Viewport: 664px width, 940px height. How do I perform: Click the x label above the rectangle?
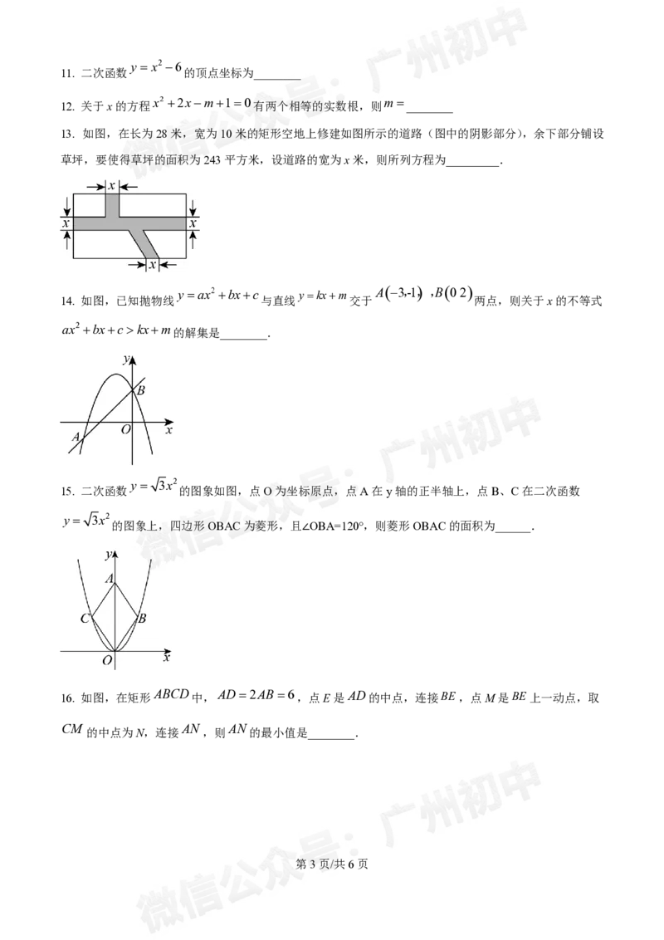111,186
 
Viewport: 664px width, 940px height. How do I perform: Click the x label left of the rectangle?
65,223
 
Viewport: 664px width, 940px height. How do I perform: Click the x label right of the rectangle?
193,223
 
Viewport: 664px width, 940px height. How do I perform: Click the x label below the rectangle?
152,265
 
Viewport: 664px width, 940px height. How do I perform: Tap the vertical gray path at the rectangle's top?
111,204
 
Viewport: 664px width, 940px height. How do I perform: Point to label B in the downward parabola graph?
141,390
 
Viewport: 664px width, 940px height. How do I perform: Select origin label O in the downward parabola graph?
125,429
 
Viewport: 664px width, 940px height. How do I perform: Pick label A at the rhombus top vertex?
109,579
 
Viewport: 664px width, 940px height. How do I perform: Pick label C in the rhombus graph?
85,619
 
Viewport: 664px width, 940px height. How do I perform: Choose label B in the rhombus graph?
142,619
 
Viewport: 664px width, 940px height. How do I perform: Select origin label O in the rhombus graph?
106,660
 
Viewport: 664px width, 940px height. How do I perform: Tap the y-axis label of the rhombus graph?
108,554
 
